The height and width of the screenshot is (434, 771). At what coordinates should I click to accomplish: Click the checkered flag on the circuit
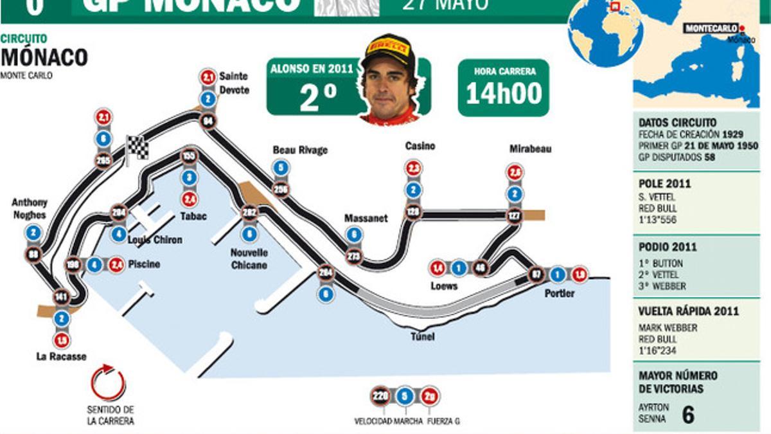[137, 149]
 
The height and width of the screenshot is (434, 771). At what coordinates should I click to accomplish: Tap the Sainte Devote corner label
[234, 83]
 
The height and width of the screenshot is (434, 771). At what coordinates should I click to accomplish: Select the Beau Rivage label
[300, 150]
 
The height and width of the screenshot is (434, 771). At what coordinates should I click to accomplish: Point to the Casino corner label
[420, 146]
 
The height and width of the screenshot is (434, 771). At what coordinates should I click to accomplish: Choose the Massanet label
[366, 218]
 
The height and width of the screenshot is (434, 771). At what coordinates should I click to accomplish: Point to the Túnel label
[423, 337]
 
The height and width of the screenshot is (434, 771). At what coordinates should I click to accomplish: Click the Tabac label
[193, 217]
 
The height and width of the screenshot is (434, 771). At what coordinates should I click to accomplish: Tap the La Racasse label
[61, 357]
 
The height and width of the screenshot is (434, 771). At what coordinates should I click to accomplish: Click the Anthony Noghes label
[30, 208]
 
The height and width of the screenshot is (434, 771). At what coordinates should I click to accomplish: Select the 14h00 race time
[504, 94]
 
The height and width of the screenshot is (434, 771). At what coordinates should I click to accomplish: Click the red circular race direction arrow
[108, 383]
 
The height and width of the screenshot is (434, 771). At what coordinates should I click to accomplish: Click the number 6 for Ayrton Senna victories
[687, 415]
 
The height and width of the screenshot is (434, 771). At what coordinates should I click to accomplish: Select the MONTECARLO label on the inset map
[711, 28]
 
